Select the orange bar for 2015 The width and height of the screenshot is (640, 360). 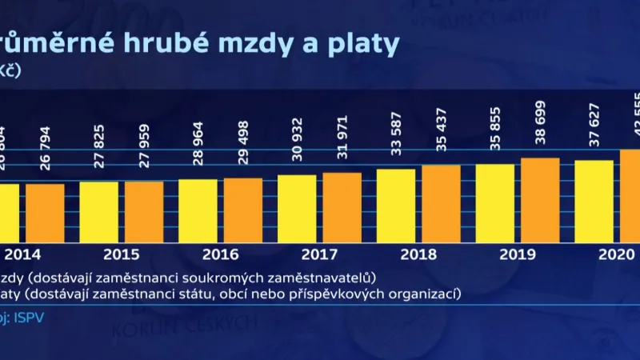pos(144,210)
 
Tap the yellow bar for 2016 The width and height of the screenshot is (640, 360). pos(198,209)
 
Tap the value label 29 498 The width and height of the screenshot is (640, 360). pos(243,142)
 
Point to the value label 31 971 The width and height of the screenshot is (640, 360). pos(342,136)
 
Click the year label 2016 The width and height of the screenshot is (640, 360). pos(221,255)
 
